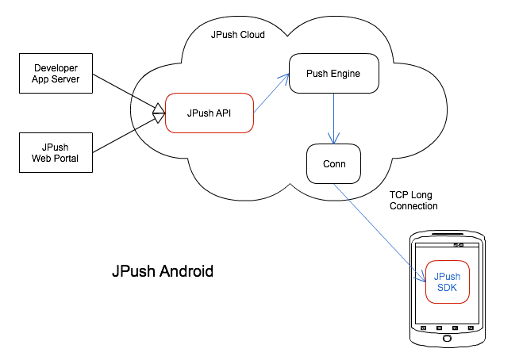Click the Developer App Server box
click(56, 73)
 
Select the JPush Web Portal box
click(56, 152)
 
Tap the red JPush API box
click(210, 113)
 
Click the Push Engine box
click(334, 74)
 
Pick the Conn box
click(333, 164)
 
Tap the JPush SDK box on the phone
click(447, 282)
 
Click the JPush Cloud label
click(237, 35)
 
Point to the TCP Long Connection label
click(413, 201)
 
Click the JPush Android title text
click(163, 271)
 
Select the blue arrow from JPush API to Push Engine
click(271, 94)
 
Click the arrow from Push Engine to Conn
click(333, 118)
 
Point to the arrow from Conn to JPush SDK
click(379, 233)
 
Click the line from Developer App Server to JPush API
click(129, 94)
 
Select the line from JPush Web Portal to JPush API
click(129, 132)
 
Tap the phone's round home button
click(447, 338)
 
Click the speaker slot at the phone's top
click(447, 235)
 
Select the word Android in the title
click(186, 271)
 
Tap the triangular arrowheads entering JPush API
click(159, 113)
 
